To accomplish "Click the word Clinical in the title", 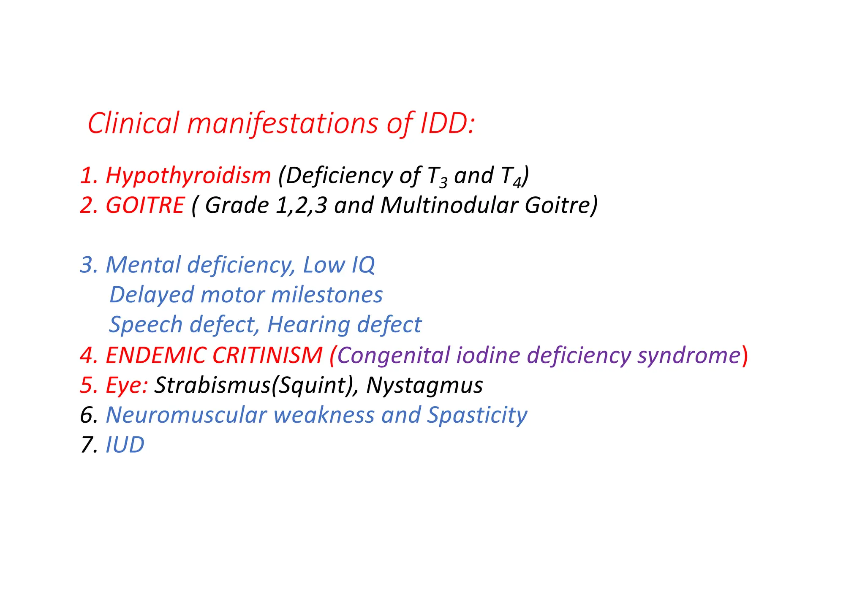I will (x=133, y=123).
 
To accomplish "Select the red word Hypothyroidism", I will (x=188, y=175).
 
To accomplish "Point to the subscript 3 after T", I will (x=443, y=183).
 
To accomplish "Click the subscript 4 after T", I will (x=517, y=183).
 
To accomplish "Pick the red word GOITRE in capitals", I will (x=145, y=205).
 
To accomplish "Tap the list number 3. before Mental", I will (x=89, y=265).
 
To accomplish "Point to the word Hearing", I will (x=309, y=325).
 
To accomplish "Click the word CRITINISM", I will (x=267, y=355).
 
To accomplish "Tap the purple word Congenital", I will (x=393, y=355).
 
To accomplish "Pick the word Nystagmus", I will (x=424, y=385).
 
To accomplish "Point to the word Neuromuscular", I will (x=186, y=415).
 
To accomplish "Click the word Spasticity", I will (x=477, y=415).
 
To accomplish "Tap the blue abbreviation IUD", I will (x=125, y=445).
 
